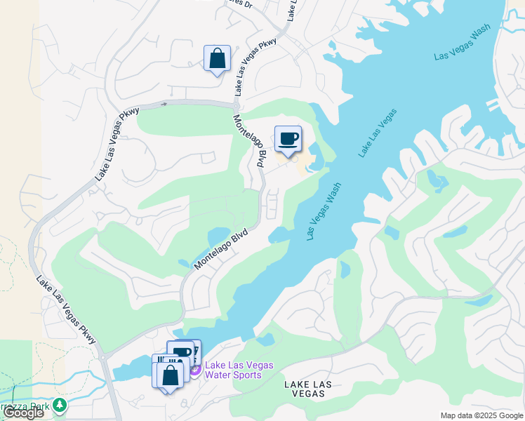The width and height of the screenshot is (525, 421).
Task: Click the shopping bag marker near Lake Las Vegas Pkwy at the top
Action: point(217,58)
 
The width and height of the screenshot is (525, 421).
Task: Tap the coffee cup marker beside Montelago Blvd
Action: point(288,139)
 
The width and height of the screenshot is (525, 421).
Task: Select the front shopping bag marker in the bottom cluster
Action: point(171,374)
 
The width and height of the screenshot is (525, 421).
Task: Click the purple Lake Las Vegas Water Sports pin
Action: point(195,368)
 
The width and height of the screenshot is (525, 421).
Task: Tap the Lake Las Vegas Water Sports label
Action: point(239,370)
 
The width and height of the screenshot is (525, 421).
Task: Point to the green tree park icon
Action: point(60,405)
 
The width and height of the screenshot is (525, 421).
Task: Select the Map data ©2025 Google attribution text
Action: point(481,415)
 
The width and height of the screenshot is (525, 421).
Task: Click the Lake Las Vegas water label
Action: point(378,133)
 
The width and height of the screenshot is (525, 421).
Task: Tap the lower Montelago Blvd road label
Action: point(222,249)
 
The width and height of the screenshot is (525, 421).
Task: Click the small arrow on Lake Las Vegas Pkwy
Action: point(164,104)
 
